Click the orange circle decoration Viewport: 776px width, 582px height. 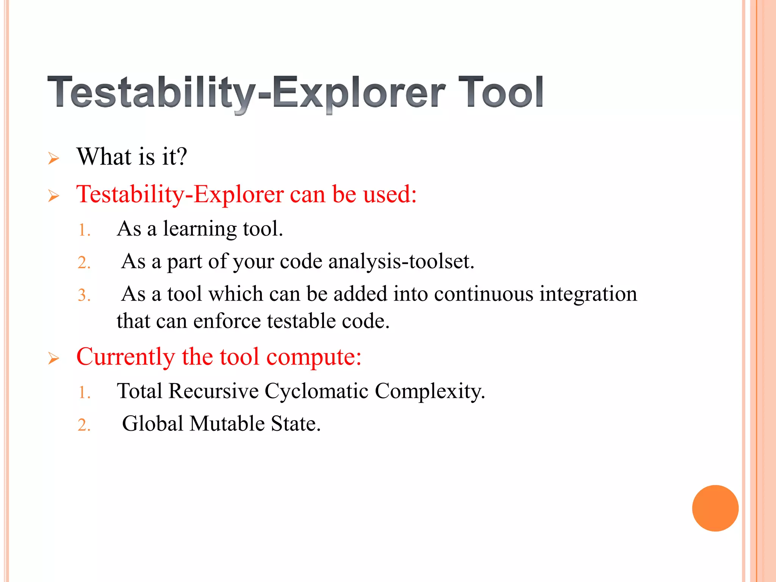pyautogui.click(x=715, y=508)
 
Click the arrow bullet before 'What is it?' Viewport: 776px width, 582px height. pyautogui.click(x=54, y=158)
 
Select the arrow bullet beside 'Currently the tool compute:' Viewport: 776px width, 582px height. pyautogui.click(x=54, y=358)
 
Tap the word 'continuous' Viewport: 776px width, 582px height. pyautogui.click(x=483, y=294)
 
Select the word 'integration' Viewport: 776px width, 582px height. pyautogui.click(x=588, y=294)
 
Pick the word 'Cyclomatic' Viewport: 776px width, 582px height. pyautogui.click(x=316, y=391)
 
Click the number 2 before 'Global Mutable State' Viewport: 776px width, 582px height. pyautogui.click(x=83, y=425)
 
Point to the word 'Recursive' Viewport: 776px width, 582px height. pyautogui.click(x=213, y=391)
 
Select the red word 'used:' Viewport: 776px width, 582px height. pyautogui.click(x=390, y=194)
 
